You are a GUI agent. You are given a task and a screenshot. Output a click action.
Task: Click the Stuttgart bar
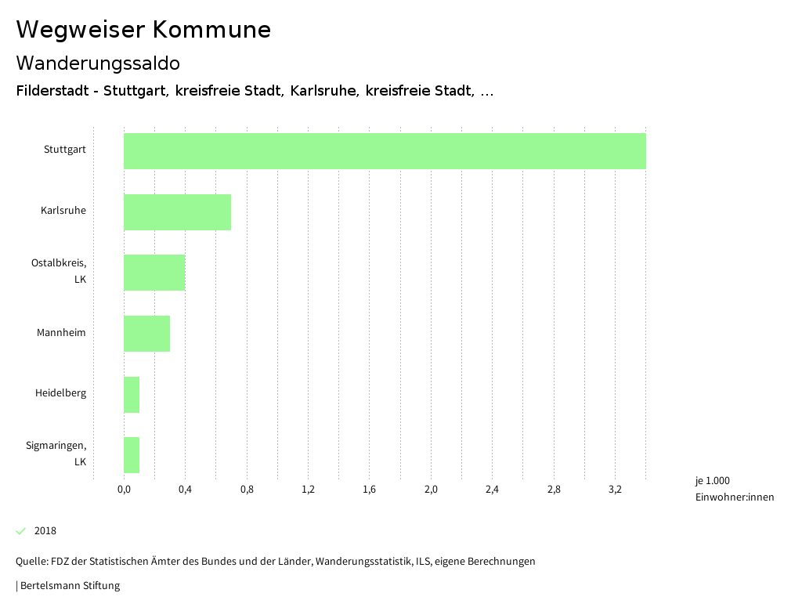click(385, 151)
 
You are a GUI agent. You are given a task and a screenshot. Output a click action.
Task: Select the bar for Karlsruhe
click(177, 212)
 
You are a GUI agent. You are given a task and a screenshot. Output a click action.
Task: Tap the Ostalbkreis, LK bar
click(154, 273)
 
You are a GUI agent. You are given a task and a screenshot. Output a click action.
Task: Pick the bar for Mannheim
click(146, 334)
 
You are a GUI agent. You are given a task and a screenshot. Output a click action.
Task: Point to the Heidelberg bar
click(132, 395)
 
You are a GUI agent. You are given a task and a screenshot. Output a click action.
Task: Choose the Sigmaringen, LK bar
click(132, 455)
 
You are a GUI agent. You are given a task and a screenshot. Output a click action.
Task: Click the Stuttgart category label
click(65, 150)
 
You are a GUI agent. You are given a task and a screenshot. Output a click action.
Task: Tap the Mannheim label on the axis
click(61, 333)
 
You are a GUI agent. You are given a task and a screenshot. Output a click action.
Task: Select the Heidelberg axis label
click(60, 393)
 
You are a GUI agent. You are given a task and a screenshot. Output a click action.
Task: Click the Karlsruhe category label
click(63, 211)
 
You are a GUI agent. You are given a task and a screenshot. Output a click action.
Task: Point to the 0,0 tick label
click(124, 490)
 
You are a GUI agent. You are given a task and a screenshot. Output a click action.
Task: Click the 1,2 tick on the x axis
click(308, 490)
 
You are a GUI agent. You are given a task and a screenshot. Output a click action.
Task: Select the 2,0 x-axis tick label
click(431, 490)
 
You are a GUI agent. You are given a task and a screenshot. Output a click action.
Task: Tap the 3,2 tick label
click(615, 490)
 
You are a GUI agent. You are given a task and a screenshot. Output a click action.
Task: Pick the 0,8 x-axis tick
click(247, 490)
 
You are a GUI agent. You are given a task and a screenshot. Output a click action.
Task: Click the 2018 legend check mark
click(21, 531)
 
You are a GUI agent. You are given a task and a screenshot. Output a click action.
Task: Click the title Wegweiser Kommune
click(143, 30)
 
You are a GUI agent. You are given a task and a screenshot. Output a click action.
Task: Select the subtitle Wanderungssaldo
click(98, 63)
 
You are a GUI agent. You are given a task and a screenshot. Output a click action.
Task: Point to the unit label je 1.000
click(712, 481)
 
